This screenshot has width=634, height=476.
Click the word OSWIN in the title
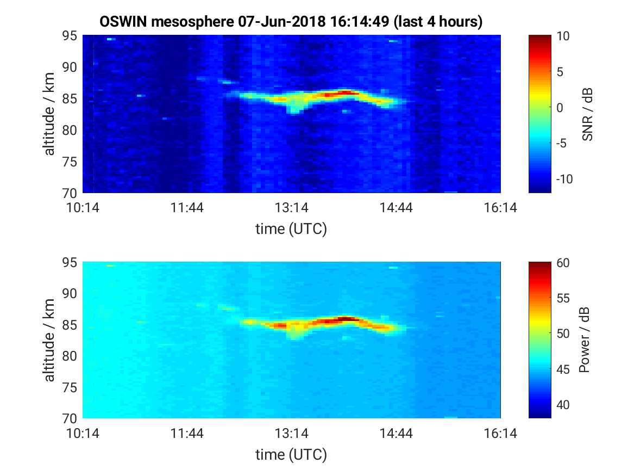pyautogui.click(x=123, y=21)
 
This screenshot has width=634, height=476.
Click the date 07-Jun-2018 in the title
pyautogui.click(x=281, y=21)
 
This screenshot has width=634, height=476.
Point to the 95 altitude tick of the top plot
pyautogui.click(x=70, y=35)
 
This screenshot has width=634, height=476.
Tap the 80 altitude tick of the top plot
pyautogui.click(x=70, y=131)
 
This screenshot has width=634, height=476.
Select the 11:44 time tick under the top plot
pyautogui.click(x=187, y=208)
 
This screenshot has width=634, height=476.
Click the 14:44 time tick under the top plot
pyautogui.click(x=396, y=208)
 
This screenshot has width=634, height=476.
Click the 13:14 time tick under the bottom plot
pyautogui.click(x=292, y=434)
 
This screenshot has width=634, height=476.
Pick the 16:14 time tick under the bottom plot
pyautogui.click(x=500, y=434)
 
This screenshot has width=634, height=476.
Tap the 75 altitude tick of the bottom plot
pyautogui.click(x=70, y=387)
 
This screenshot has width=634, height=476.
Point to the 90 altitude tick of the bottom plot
pyautogui.click(x=70, y=293)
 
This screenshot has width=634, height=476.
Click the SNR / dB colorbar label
pyautogui.click(x=587, y=114)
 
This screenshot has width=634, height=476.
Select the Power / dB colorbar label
pyautogui.click(x=584, y=340)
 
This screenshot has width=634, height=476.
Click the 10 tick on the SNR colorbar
pyautogui.click(x=563, y=36)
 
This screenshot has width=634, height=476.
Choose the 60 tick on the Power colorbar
pyautogui.click(x=563, y=263)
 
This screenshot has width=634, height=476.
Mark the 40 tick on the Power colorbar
pyautogui.click(x=563, y=405)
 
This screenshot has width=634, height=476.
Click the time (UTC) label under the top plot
pyautogui.click(x=291, y=229)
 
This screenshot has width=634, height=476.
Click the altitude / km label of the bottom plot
pyautogui.click(x=49, y=340)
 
